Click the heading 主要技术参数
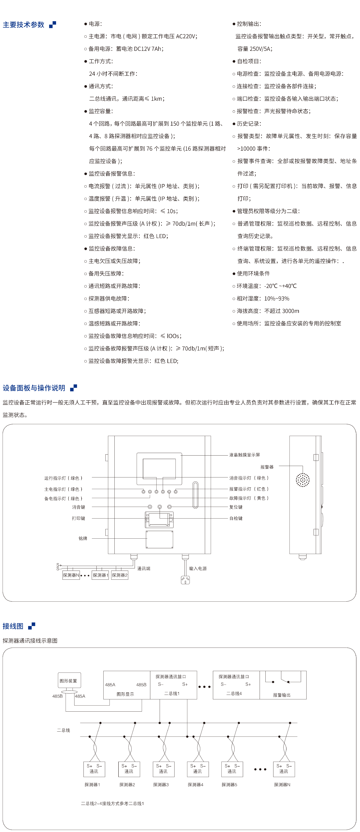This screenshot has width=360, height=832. pos(24,25)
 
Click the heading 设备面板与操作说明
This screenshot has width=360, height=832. pos(34,388)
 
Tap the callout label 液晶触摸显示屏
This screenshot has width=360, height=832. pos(244,455)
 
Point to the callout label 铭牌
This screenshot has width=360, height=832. pos(83,538)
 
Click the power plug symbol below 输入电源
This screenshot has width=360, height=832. pos(185,580)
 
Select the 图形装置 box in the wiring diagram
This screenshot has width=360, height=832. pos(69,681)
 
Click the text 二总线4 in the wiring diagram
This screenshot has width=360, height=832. pos(234,693)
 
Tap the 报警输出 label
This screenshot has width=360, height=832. pos(282,695)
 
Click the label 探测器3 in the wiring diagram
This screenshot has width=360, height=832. pos(161,785)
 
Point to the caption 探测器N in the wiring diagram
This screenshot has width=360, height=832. pos(282,785)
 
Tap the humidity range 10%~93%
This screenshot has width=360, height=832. pos(277,298)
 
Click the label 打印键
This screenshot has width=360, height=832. pos(78,518)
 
